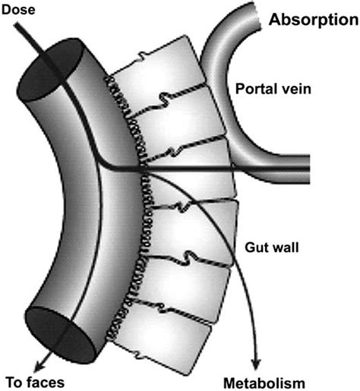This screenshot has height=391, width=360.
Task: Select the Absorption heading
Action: coord(311,19)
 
